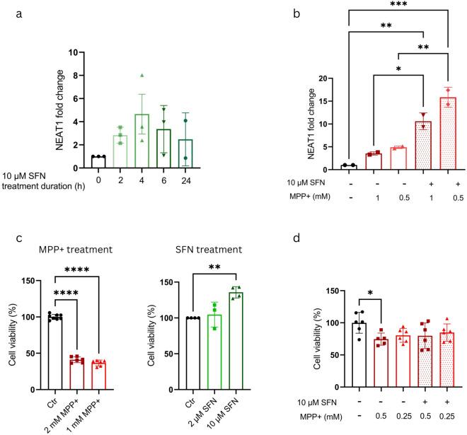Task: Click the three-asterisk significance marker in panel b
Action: click(399, 6)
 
